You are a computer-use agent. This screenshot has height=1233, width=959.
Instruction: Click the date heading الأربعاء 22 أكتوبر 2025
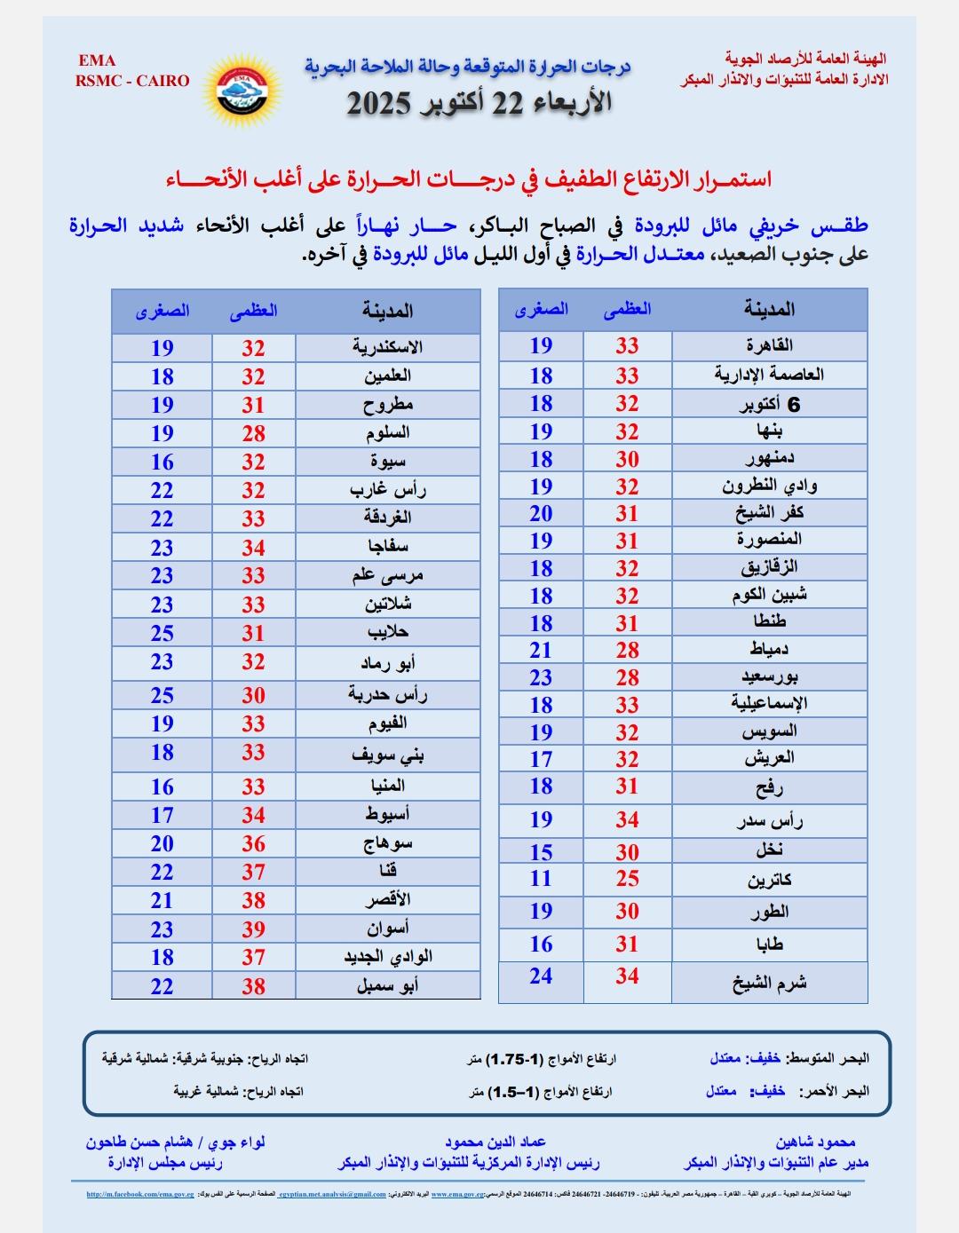479,103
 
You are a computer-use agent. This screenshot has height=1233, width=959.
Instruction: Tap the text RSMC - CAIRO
132,81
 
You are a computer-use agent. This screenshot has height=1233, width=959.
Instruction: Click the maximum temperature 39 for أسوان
254,929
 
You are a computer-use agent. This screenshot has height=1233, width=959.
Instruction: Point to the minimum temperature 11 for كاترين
541,879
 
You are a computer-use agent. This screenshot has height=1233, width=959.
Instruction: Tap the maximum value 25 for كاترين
628,879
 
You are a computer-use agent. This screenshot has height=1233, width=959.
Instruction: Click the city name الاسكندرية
387,347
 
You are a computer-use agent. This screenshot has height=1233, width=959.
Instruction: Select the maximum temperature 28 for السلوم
254,433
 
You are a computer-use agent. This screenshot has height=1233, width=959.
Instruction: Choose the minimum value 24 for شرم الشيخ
541,976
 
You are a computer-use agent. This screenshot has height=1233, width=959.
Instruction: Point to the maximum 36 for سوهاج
254,843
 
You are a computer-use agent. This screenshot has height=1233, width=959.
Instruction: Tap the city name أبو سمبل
387,985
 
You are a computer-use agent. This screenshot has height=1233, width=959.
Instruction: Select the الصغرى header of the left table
162,312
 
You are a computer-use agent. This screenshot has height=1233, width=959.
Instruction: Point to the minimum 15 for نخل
541,852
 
